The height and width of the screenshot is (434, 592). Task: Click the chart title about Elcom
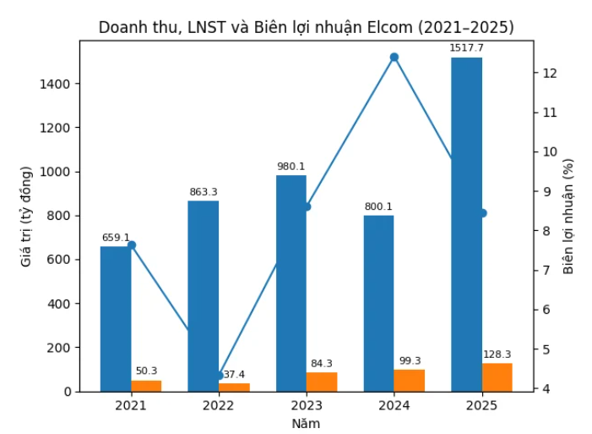pos(306,27)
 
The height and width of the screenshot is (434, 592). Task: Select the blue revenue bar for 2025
pos(466,224)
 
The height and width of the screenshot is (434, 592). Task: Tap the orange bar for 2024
pos(409,381)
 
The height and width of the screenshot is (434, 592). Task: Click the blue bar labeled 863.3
pos(203,296)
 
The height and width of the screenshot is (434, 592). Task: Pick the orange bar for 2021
pos(146,386)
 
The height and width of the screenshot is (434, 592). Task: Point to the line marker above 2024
pos(394,58)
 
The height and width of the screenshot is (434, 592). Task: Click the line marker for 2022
pos(219,376)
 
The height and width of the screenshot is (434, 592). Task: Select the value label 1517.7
pos(466,48)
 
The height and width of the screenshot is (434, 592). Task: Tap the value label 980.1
pos(291,166)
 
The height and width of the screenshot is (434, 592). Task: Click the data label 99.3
pos(409,361)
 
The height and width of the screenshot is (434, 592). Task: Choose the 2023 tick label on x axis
pos(306,405)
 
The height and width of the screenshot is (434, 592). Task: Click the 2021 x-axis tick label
pos(131,405)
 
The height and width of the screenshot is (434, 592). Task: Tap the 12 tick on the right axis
pos(548,73)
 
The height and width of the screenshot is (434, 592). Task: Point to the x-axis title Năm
pos(306,423)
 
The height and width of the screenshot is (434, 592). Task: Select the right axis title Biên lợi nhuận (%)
pos(568,216)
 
